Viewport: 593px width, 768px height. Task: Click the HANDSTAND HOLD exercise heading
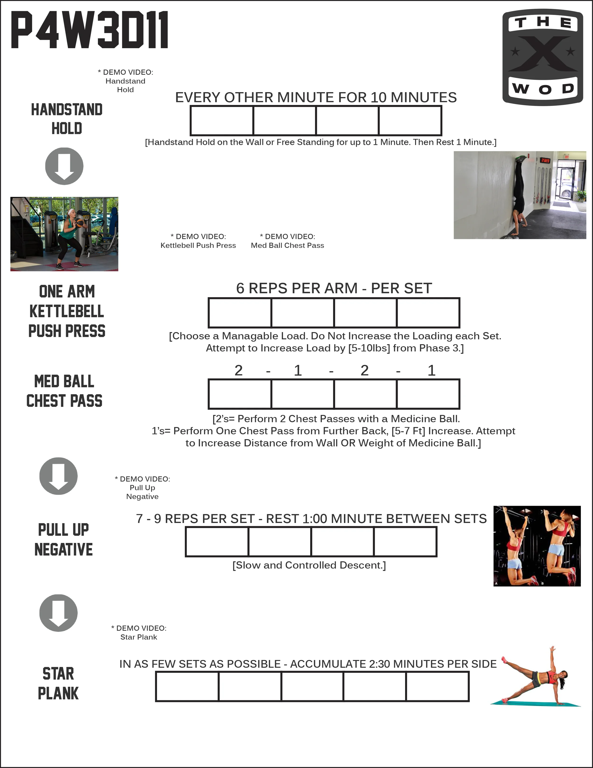coord(67,119)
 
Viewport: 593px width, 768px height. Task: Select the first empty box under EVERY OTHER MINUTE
coord(222,121)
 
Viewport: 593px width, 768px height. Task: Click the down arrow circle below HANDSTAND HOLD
coord(64,166)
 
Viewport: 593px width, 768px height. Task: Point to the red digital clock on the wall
coord(545,160)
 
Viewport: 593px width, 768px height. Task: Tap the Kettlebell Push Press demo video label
coord(198,241)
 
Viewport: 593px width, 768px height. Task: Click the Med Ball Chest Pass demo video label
coord(287,241)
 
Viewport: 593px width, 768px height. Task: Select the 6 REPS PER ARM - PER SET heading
coord(334,288)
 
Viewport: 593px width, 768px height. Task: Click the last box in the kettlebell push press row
coord(428,313)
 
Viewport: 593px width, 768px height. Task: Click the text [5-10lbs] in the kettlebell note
coord(369,348)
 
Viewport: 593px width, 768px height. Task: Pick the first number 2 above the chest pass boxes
coord(239,370)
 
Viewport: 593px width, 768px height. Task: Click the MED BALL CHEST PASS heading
coord(64,391)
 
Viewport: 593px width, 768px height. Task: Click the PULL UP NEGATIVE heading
coord(64,539)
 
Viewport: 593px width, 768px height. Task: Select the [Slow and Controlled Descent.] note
coord(309,565)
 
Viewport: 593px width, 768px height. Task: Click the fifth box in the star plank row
coord(437,686)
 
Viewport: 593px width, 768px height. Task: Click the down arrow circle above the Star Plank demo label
coord(58,613)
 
